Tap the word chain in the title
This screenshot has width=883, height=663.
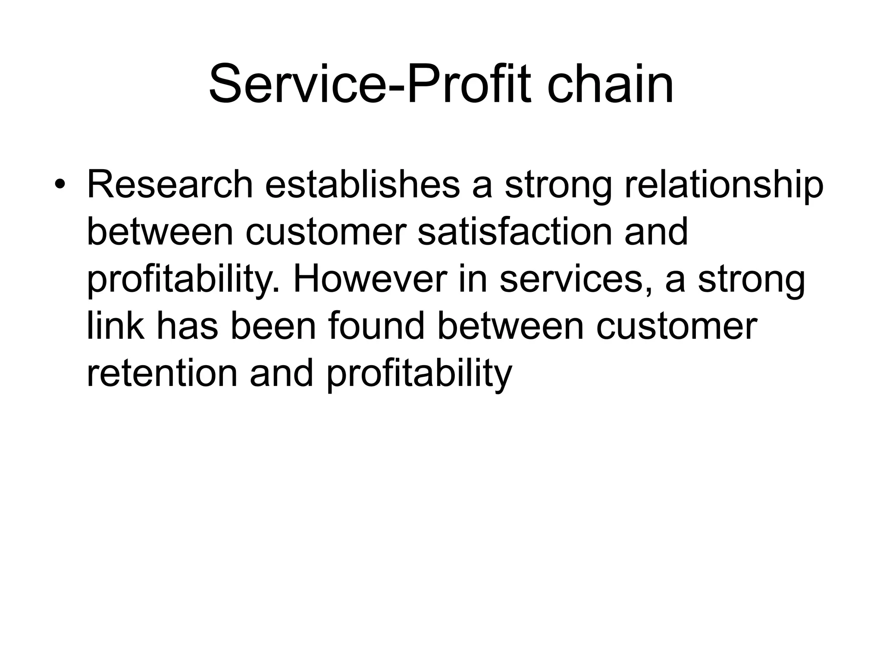point(610,84)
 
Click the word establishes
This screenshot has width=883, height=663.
point(362,185)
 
